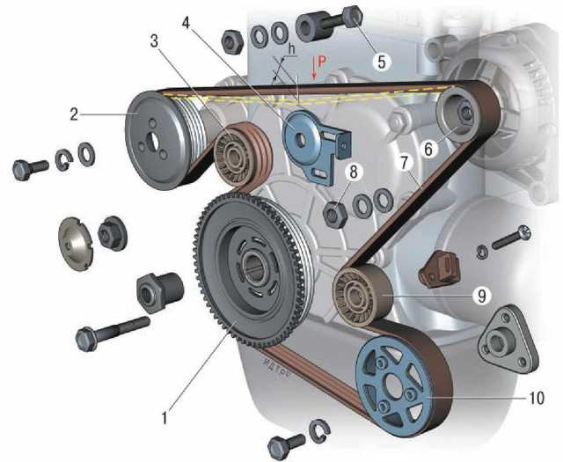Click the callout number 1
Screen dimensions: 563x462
165,418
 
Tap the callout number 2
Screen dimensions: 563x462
74,114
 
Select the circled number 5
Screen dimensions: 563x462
381,62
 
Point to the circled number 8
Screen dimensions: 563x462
354,172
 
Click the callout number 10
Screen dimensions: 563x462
537,398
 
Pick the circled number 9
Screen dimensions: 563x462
481,296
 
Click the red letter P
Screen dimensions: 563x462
322,62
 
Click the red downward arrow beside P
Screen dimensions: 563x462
314,68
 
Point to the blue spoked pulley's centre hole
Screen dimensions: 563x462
391,389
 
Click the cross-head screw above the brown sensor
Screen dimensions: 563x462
510,238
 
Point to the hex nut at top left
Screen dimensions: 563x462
232,41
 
